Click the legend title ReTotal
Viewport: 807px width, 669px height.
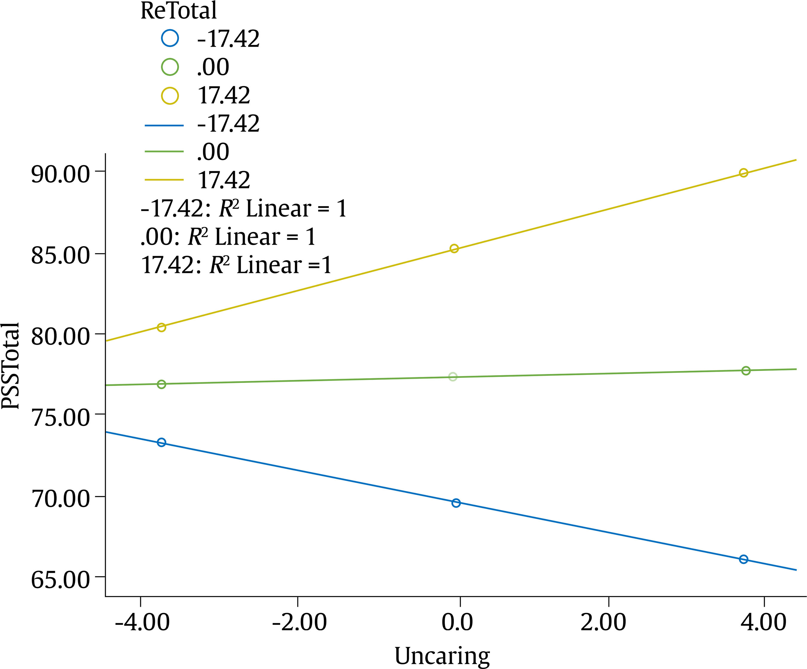[178, 10]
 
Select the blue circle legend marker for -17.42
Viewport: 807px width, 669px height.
[169, 39]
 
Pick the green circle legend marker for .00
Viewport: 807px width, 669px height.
[169, 67]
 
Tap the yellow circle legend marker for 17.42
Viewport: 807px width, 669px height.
[169, 95]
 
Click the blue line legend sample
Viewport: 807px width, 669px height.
[164, 125]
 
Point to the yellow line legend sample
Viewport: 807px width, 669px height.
[164, 180]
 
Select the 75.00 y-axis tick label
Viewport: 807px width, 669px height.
[60, 417]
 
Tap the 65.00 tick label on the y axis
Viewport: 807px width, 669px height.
[60, 580]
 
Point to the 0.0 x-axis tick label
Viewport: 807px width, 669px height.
[457, 622]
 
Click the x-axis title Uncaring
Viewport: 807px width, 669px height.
[442, 656]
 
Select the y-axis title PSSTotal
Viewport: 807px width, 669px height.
[10, 366]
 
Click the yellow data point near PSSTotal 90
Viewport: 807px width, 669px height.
[744, 173]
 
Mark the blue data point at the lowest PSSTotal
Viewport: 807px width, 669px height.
[744, 559]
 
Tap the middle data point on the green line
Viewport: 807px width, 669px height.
[453, 377]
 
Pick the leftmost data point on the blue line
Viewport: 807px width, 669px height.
[161, 443]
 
